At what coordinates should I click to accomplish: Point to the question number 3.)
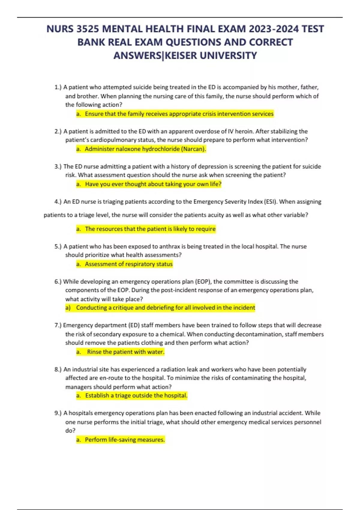tap(58, 166)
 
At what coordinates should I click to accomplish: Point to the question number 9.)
tap(58, 413)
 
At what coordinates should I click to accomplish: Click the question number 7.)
tap(58, 325)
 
